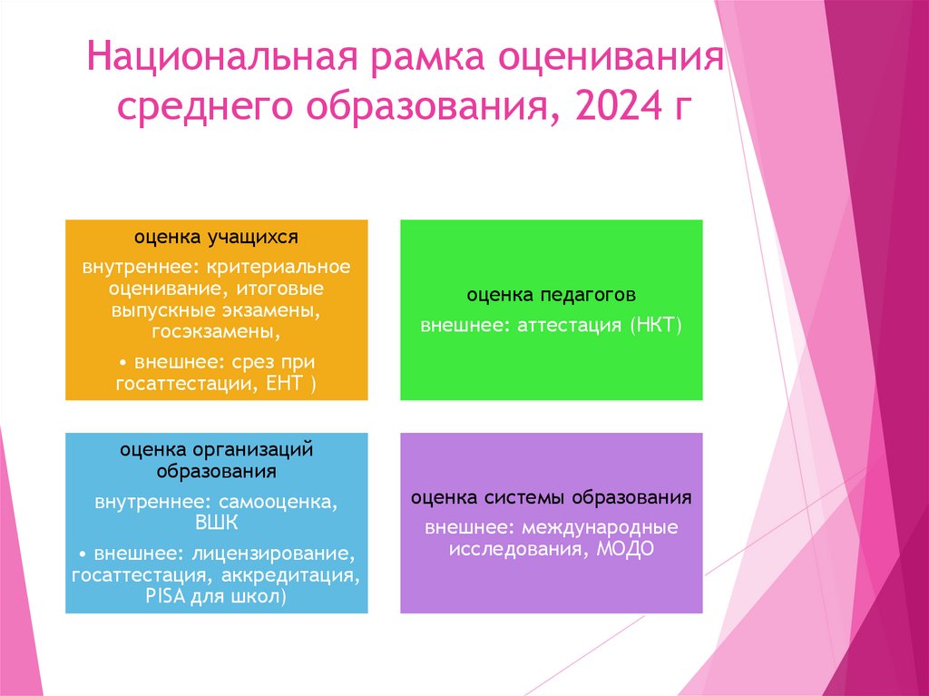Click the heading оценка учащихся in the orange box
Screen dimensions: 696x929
216,237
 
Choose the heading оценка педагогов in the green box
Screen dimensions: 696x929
551,295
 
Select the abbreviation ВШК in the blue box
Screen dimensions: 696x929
216,522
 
